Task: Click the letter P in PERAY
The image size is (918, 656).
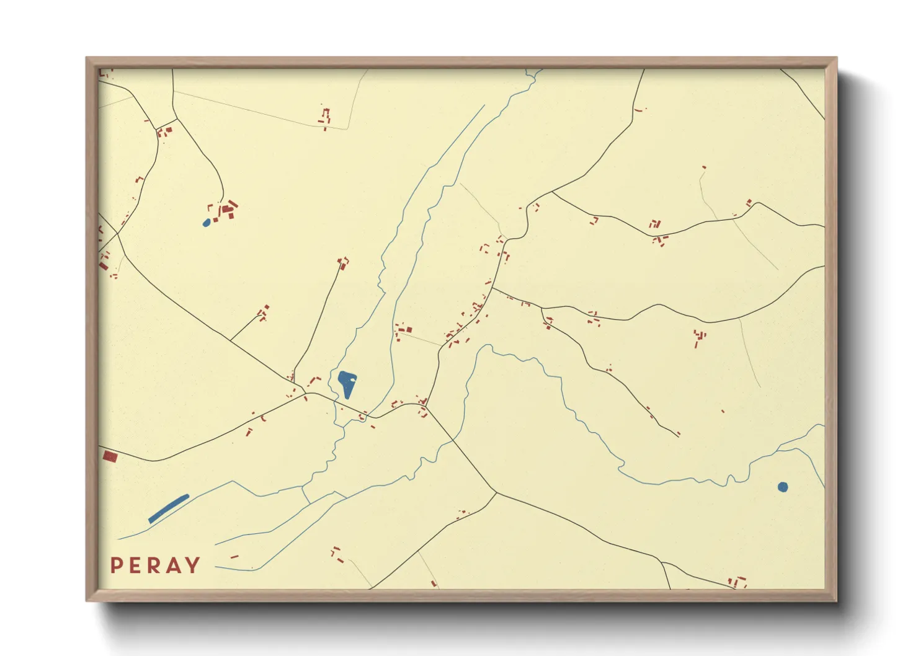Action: coord(115,565)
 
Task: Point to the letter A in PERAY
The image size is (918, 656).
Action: coord(174,565)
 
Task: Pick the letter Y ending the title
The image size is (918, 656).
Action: coord(193,565)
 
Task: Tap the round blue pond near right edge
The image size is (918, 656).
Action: coord(783,487)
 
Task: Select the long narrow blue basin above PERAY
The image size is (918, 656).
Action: coord(168,508)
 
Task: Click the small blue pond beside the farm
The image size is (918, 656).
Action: coord(207,223)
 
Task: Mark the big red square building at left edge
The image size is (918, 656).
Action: coord(110,457)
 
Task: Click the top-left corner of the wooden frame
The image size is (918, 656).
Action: coord(87,58)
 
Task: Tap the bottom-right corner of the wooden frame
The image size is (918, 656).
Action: coord(836,600)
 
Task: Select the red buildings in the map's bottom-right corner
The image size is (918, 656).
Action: coord(737,582)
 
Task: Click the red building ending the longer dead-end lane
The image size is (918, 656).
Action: coord(342,264)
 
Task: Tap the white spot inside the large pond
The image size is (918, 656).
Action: coord(352,378)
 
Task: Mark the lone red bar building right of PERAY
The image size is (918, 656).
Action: coord(234,557)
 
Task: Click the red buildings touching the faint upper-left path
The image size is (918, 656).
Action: coord(325,117)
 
